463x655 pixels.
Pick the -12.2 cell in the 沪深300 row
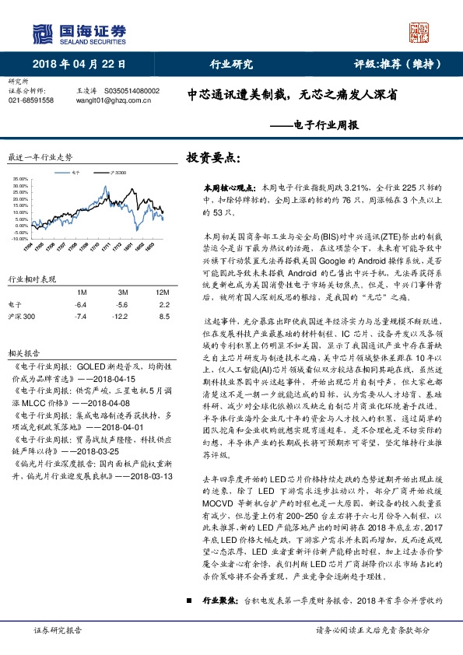pos(120,317)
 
